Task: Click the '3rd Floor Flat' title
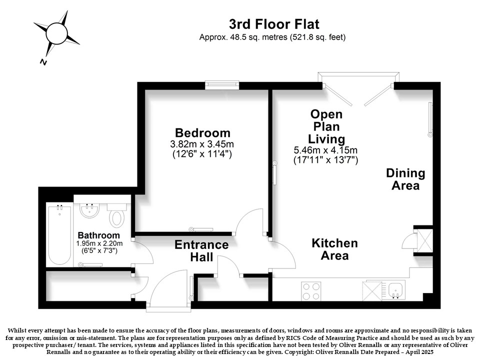click(x=274, y=24)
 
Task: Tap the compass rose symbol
click(x=56, y=33)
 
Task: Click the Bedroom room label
click(x=202, y=133)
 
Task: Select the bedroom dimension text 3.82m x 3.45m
click(x=202, y=144)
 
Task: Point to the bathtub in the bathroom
click(x=59, y=235)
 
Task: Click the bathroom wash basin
click(x=89, y=210)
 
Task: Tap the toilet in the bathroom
click(x=116, y=215)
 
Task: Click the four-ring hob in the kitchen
click(x=311, y=291)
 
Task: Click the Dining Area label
click(x=405, y=179)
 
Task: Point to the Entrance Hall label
click(x=201, y=250)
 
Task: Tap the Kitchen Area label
click(x=334, y=249)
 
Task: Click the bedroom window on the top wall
click(x=222, y=85)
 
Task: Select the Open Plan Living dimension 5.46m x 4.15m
click(x=325, y=150)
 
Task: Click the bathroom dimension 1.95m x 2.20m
click(x=99, y=243)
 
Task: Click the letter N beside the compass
click(x=44, y=62)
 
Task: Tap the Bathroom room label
click(x=98, y=235)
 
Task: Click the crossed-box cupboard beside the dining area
click(x=424, y=240)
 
